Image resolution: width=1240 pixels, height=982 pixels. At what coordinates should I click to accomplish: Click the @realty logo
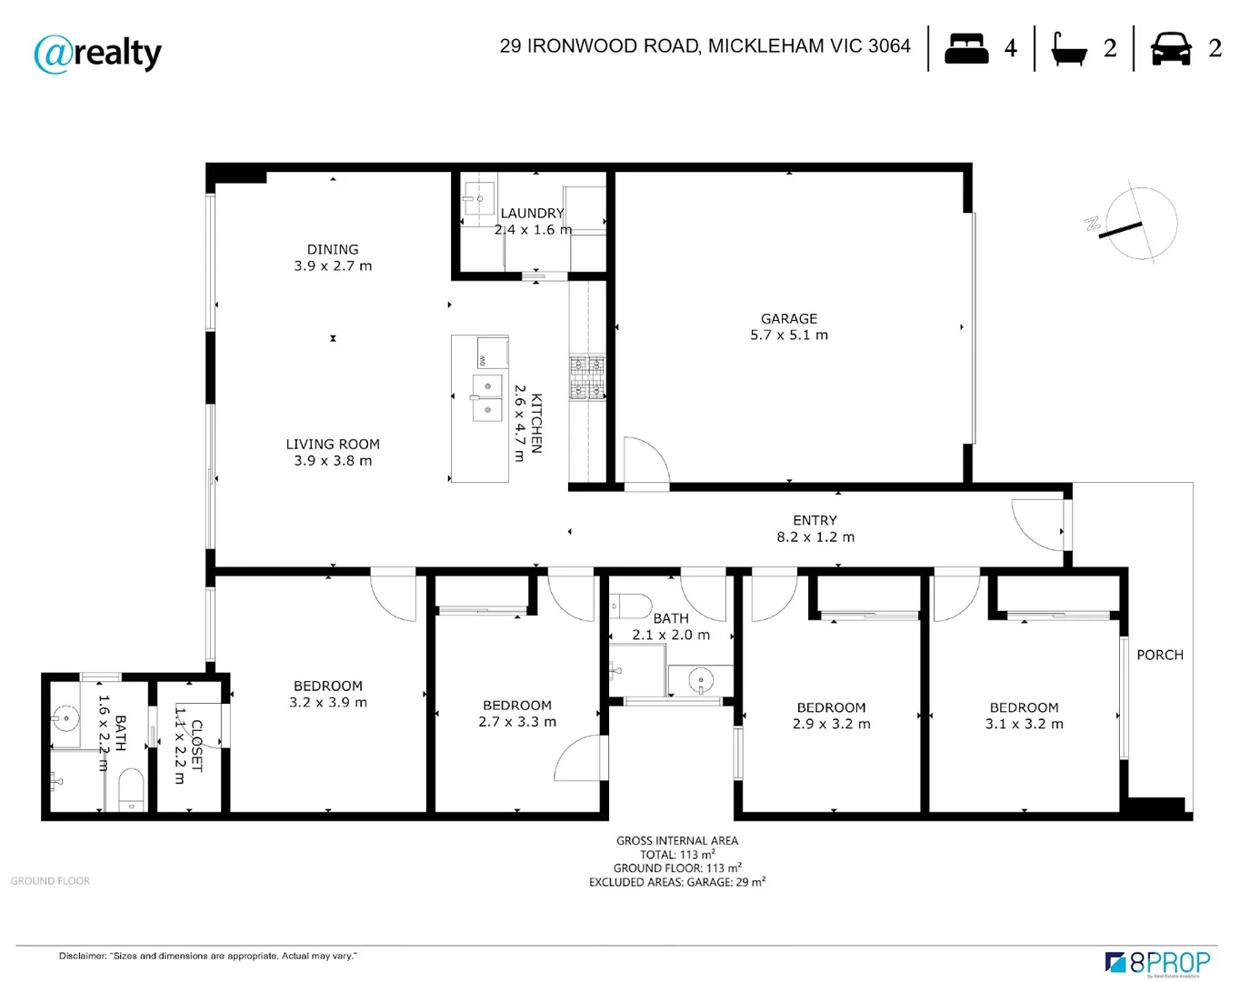tap(98, 54)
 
